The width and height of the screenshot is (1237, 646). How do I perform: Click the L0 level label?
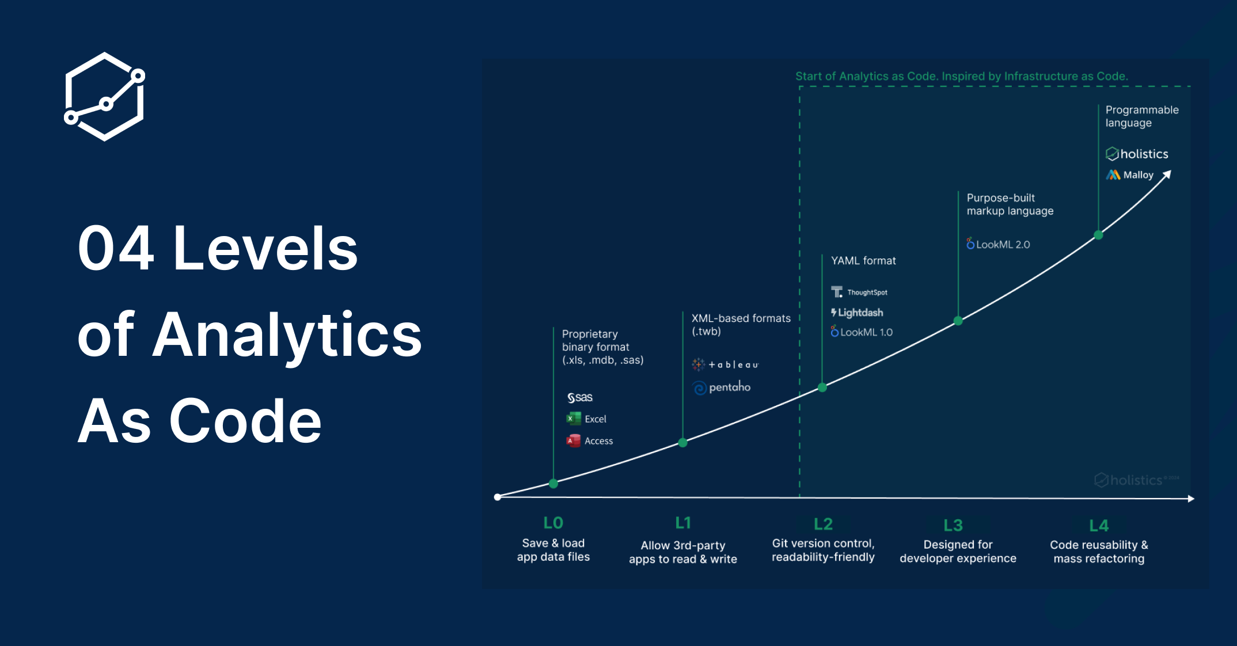tap(553, 523)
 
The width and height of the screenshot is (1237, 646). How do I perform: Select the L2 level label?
tap(823, 524)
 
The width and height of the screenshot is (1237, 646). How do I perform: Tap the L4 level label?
tap(1099, 526)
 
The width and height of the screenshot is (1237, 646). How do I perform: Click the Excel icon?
tap(574, 419)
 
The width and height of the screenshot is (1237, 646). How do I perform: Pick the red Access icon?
tap(574, 440)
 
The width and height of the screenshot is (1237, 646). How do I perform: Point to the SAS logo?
tap(579, 397)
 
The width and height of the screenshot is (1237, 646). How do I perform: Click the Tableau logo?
tap(725, 364)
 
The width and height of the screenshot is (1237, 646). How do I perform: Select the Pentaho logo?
tap(722, 387)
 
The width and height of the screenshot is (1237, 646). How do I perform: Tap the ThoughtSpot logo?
tap(859, 292)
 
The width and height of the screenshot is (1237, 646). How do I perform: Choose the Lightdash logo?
tap(857, 313)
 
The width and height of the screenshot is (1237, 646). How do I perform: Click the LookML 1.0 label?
tap(862, 332)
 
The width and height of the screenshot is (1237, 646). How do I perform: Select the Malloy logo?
tap(1130, 174)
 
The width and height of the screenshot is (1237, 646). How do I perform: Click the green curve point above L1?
tap(682, 443)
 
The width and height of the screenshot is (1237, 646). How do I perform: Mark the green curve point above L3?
tap(958, 321)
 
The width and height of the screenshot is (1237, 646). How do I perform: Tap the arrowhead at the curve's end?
tap(1167, 174)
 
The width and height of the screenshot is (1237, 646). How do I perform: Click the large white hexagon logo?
tap(104, 97)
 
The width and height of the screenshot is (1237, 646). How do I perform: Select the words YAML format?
tap(863, 261)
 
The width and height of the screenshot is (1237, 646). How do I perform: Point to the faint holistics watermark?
tap(1136, 480)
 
